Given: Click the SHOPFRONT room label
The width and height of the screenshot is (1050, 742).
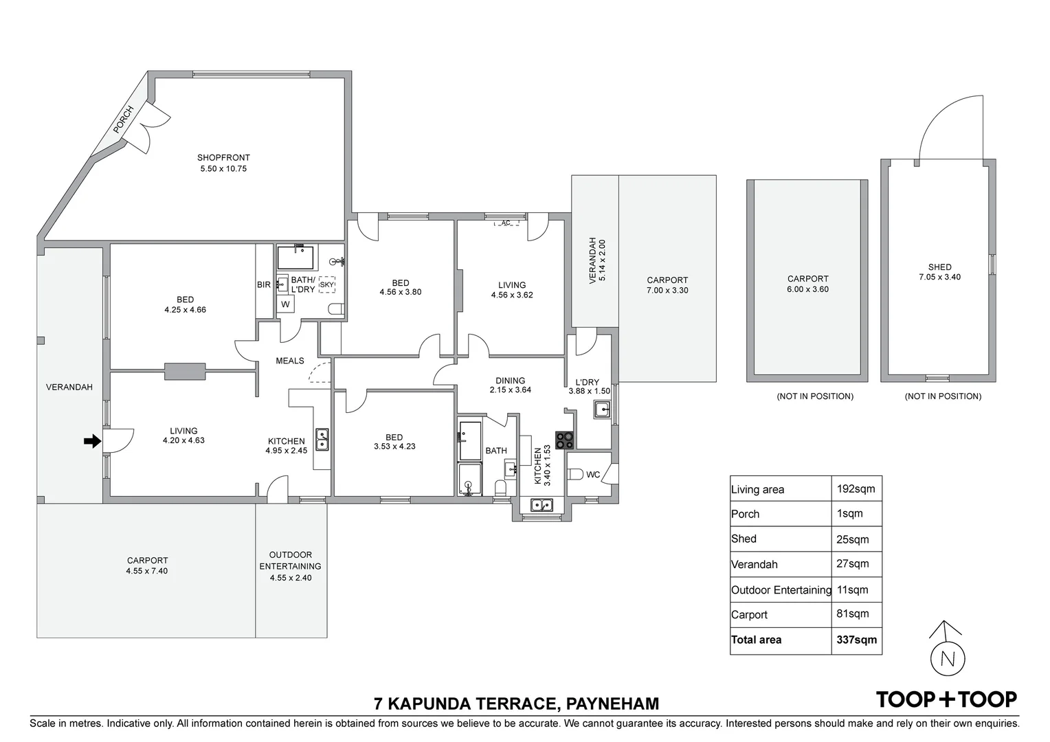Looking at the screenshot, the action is click(x=223, y=157).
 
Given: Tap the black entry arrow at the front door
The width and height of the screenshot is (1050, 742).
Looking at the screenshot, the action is click(x=92, y=441).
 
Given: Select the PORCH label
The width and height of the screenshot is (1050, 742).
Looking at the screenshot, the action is click(x=123, y=119).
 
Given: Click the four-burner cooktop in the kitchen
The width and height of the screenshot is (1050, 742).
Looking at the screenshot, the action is click(x=564, y=440).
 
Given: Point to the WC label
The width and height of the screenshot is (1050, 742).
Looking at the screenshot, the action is click(x=593, y=474).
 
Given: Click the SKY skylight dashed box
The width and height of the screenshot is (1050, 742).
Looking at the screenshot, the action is click(x=326, y=284).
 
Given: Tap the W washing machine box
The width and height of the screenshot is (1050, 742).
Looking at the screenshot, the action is click(x=285, y=304).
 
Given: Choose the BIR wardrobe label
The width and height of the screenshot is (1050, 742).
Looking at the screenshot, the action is click(x=264, y=284).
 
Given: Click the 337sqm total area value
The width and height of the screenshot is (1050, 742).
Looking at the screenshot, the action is click(x=856, y=640).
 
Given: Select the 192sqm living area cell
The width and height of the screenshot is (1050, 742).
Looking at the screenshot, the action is click(x=856, y=489).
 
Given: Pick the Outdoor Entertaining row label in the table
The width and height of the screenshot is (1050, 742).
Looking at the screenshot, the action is click(x=781, y=589).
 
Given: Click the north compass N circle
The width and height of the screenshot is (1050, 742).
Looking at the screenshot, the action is click(x=948, y=660).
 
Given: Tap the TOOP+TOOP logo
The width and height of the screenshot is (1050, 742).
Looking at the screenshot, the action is click(x=946, y=699).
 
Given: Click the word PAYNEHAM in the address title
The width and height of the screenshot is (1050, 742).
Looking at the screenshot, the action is click(x=613, y=704).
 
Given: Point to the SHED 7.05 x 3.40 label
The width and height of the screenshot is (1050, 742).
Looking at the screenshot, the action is click(x=939, y=272).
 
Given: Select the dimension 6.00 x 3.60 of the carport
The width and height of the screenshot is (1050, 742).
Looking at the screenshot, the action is click(x=807, y=289).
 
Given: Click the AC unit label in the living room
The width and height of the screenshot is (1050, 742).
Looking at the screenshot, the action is click(x=506, y=223).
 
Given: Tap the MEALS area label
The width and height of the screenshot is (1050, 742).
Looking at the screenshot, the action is click(x=290, y=361).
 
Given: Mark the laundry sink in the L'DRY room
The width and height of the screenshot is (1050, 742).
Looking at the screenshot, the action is click(x=602, y=409).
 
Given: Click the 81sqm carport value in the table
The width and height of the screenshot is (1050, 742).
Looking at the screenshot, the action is click(x=852, y=614).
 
